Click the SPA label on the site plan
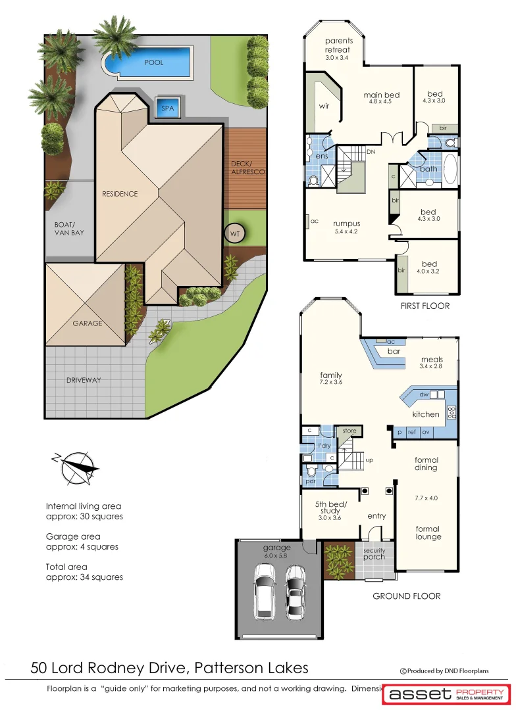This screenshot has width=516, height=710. [x=168, y=108]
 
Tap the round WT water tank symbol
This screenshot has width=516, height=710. [x=234, y=233]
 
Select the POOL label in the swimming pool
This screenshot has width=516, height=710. [x=153, y=62]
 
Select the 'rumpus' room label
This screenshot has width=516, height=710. [x=346, y=224]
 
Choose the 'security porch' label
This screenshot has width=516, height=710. [x=374, y=554]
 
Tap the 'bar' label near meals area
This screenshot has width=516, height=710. [x=394, y=352]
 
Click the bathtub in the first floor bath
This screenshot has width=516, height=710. [x=449, y=168]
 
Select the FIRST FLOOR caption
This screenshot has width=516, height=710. [x=425, y=306]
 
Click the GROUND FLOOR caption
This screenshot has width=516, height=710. [x=406, y=596]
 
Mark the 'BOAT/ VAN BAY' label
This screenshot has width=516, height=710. [x=69, y=228]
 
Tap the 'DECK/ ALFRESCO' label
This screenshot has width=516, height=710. [x=247, y=168]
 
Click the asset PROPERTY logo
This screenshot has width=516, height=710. [x=447, y=694]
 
